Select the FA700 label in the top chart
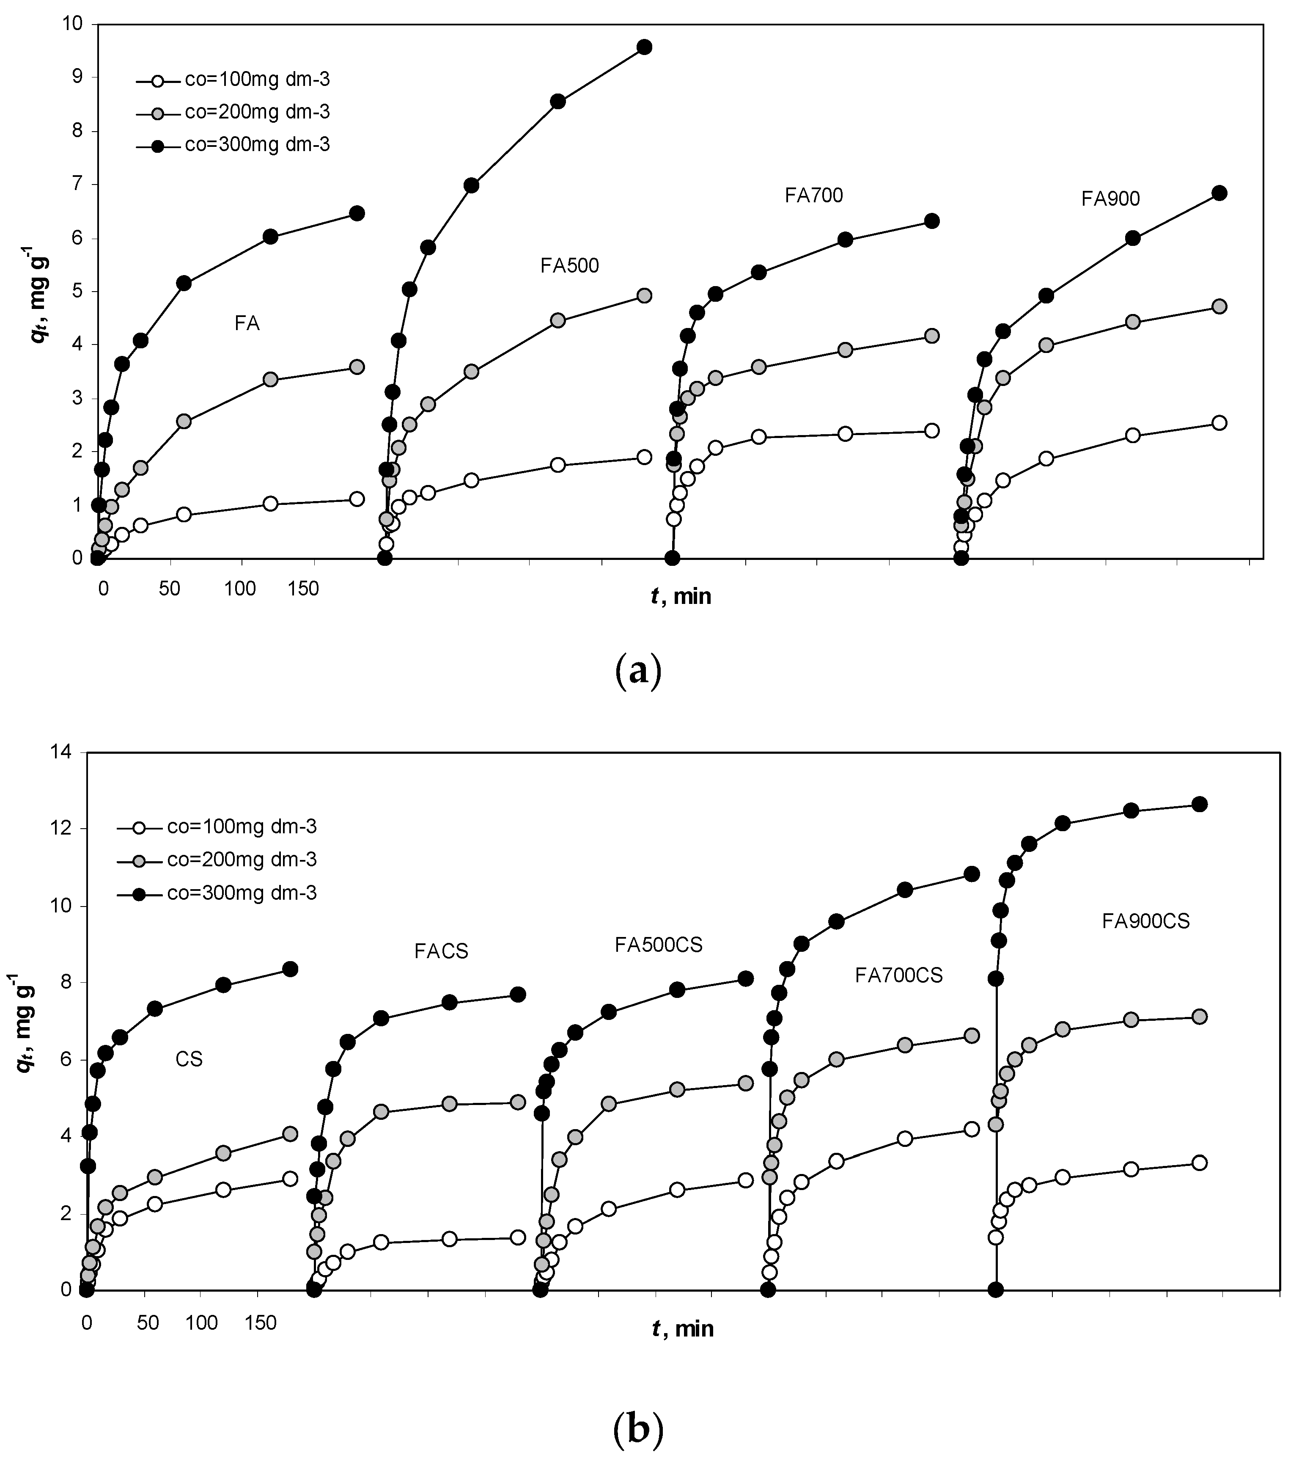click(x=814, y=195)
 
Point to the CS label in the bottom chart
click(x=189, y=1059)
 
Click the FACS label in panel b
click(x=441, y=951)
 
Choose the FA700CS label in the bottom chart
click(x=898, y=975)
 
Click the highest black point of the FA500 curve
click(x=644, y=47)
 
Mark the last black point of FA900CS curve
click(x=1199, y=804)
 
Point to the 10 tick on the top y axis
click(x=74, y=25)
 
